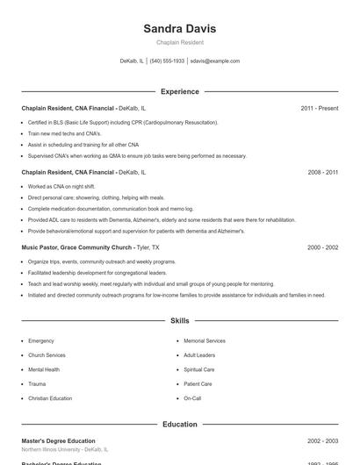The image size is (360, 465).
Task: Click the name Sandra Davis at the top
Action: coord(179,29)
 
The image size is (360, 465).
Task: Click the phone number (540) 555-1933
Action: coord(167,61)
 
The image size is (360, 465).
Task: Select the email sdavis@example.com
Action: coord(214,61)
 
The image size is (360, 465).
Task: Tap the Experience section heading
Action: coord(179,91)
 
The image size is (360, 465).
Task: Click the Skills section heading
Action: coord(179,321)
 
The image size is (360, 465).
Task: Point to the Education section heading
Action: coord(179,425)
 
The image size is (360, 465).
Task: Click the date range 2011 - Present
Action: coord(319,108)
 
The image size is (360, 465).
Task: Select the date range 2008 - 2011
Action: coord(322,173)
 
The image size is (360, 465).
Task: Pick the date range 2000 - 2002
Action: coord(322,247)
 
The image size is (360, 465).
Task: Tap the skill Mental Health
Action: coord(44,369)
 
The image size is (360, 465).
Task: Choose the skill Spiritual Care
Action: coord(198,369)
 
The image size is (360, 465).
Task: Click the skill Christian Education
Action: coord(50,398)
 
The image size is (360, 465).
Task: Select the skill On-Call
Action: coord(192,398)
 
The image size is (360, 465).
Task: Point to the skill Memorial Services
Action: coord(204,340)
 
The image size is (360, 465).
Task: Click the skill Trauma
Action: coord(37,383)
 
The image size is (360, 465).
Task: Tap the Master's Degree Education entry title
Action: coord(58,440)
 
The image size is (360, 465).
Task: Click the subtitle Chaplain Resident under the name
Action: coord(179,42)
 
